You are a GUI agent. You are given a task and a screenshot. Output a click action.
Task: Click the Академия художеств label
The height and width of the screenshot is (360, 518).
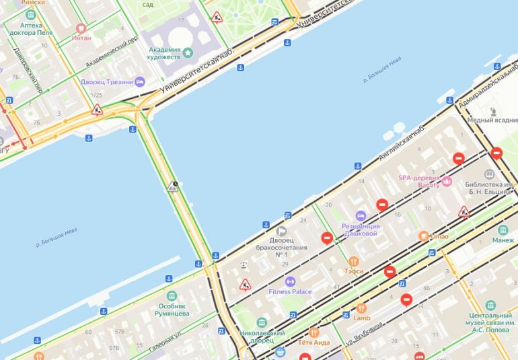[164, 53]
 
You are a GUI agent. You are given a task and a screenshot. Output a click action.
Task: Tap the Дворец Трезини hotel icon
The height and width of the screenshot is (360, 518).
[140, 82]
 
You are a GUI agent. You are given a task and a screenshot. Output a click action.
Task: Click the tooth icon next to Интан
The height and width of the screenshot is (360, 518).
[81, 28]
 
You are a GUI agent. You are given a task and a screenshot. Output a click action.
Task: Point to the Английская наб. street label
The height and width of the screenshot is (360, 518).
[402, 142]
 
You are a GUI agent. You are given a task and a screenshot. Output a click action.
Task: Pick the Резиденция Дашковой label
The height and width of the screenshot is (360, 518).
[361, 229]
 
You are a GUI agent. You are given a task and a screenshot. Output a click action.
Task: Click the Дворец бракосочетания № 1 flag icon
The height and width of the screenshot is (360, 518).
[282, 231]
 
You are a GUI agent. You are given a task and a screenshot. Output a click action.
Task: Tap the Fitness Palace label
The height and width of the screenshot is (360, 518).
[290, 292]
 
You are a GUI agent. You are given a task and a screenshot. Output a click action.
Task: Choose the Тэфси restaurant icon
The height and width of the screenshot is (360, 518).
[354, 261]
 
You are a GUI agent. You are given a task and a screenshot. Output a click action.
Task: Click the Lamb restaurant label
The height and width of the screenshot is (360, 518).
[361, 318]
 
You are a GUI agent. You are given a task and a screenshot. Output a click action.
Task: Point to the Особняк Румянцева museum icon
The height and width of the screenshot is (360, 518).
[172, 296]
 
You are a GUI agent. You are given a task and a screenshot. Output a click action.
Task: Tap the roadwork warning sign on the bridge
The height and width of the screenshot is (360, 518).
[173, 186]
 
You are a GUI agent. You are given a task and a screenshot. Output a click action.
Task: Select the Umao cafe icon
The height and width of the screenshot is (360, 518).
[423, 236]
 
